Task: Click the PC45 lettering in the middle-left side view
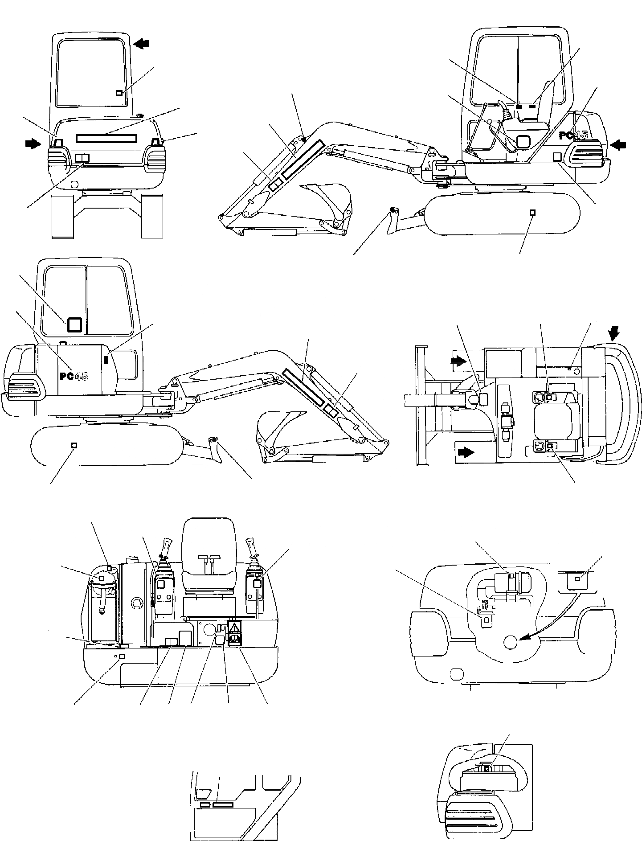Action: point(74,376)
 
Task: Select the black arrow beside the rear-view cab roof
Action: point(143,43)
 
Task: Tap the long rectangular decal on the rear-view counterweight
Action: point(106,138)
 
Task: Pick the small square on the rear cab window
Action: point(119,93)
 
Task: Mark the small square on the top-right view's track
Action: point(532,212)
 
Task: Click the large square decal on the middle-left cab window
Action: point(75,324)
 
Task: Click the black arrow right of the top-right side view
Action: point(619,144)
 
